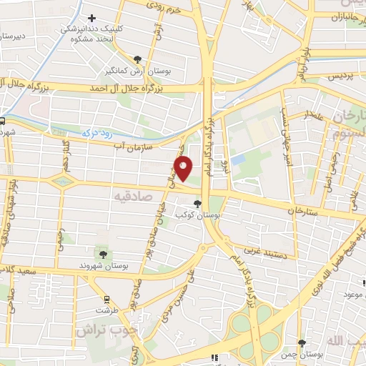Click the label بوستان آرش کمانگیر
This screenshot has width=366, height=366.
[x=139, y=71]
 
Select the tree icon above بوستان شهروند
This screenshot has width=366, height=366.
[x=104, y=254]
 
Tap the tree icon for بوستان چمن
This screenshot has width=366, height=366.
[x=302, y=343]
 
